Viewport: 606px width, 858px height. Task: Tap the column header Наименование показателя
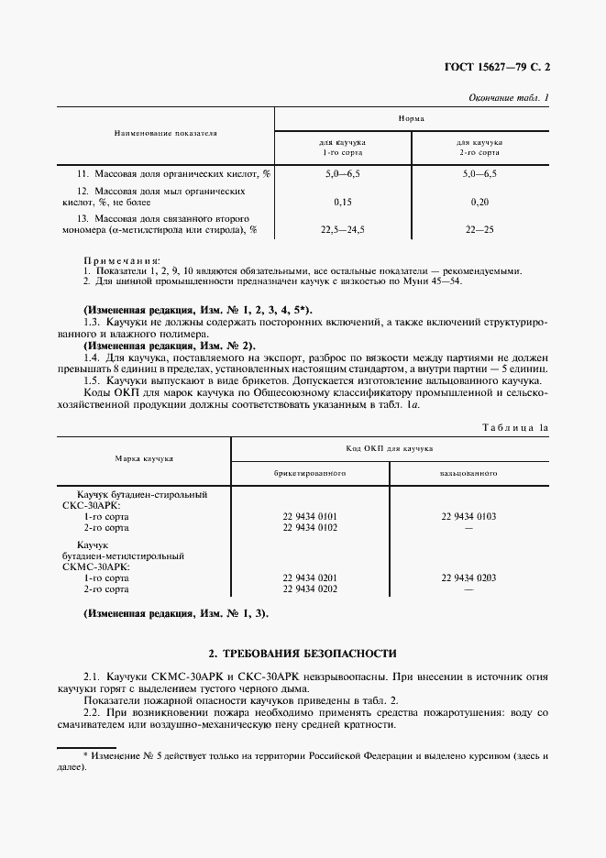click(165, 133)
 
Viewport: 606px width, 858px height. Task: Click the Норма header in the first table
click(411, 119)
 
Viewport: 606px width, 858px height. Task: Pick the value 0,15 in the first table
click(343, 202)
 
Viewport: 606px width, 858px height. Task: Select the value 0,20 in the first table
click(479, 202)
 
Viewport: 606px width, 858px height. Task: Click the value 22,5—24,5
click(343, 231)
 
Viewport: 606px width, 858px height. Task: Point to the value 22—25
click(479, 231)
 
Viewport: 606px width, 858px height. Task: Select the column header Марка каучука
click(144, 457)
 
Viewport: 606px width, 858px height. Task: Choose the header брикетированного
click(310, 474)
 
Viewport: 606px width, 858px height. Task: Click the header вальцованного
click(468, 474)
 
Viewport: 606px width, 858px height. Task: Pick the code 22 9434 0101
click(310, 516)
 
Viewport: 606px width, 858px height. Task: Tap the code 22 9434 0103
click(468, 516)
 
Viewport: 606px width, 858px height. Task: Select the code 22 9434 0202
click(310, 588)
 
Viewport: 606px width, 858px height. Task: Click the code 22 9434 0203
click(468, 577)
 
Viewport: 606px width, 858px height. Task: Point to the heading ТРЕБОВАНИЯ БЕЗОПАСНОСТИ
click(303, 654)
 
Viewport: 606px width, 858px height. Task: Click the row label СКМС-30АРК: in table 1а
click(94, 566)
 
